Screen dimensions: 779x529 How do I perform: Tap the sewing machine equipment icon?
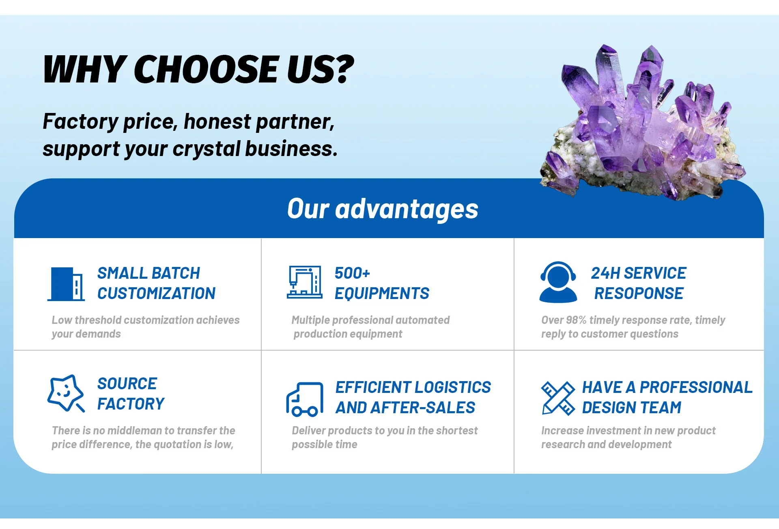(x=305, y=282)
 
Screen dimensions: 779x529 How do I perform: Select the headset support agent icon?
(x=558, y=282)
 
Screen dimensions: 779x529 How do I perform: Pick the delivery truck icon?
(x=305, y=399)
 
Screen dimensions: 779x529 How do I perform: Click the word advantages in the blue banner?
(x=407, y=210)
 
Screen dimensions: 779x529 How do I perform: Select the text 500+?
(x=352, y=273)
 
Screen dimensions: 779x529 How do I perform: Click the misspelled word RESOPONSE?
(x=639, y=293)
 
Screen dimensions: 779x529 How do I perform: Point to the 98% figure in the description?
(x=576, y=320)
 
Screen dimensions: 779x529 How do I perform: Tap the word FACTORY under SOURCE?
(x=131, y=404)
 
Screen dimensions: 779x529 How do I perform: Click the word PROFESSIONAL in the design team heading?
(x=696, y=387)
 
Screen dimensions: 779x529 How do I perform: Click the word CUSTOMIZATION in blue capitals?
(x=156, y=293)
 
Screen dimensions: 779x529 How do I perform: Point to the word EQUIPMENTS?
(x=382, y=294)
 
